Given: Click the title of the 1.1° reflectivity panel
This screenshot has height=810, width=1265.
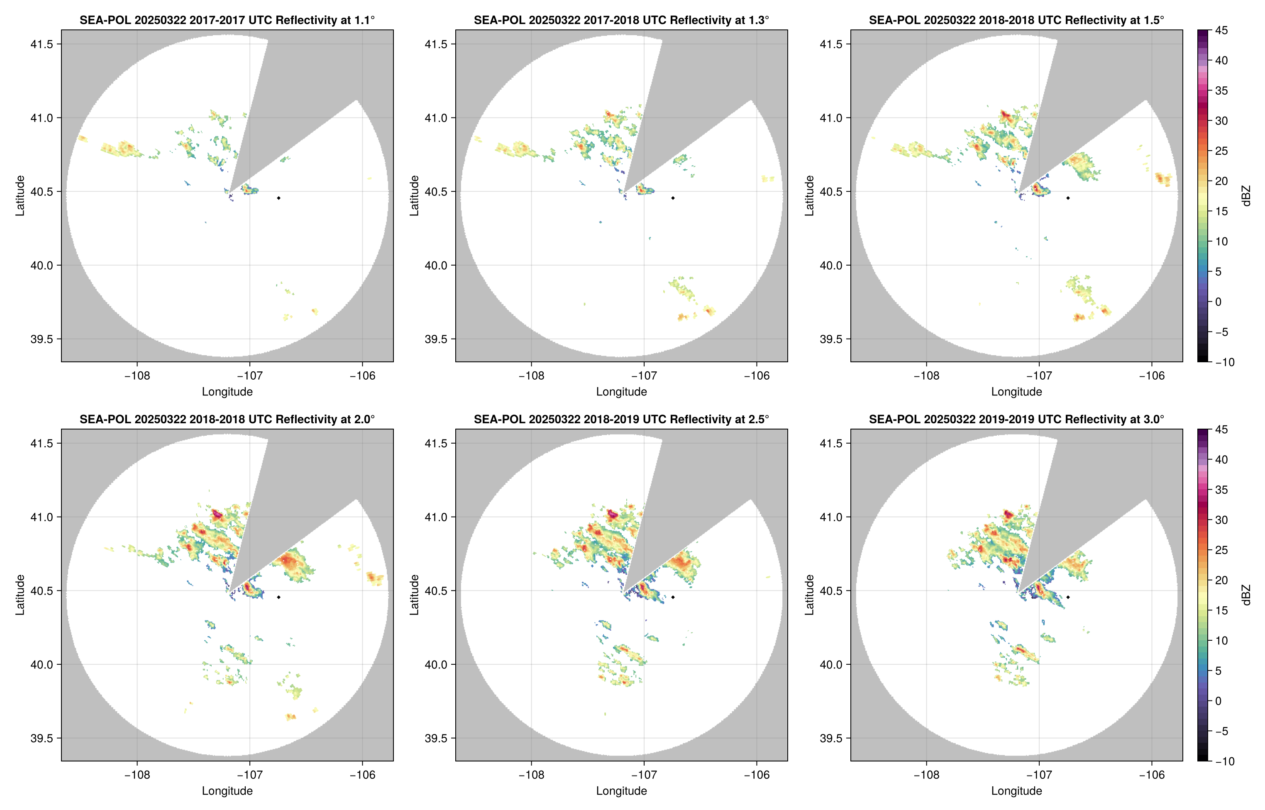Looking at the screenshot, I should (x=227, y=20).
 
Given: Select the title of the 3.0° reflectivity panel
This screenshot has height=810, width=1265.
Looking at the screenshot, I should (x=1016, y=419).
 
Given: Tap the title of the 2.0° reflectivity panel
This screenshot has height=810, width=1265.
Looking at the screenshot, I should (x=227, y=419).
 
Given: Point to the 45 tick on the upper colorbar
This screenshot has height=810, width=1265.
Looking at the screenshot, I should (x=1221, y=31).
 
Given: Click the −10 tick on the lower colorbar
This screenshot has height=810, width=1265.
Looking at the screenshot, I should (x=1224, y=761).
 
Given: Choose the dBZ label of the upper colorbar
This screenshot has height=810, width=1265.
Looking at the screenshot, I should (x=1245, y=196).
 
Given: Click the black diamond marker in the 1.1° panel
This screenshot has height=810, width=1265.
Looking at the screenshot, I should (x=278, y=198).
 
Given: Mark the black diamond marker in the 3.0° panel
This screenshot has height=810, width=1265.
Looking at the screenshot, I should (x=1068, y=597).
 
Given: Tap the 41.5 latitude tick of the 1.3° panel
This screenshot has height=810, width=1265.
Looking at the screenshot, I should (x=436, y=44).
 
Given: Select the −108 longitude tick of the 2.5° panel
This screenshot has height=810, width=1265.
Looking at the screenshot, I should (x=531, y=775).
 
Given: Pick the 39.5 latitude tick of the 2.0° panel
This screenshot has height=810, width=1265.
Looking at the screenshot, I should (x=42, y=738).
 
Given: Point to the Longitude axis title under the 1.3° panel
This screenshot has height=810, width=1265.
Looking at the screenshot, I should (x=621, y=392).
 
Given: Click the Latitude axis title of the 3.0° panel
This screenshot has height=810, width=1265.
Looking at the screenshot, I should (x=809, y=595).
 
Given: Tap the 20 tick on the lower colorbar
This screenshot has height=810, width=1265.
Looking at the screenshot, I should (x=1221, y=580).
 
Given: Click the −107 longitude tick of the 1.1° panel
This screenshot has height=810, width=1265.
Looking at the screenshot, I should (x=249, y=376).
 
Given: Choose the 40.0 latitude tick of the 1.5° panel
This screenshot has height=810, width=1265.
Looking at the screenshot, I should (x=831, y=266).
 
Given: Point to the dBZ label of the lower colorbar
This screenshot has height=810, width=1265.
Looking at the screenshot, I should (x=1245, y=595).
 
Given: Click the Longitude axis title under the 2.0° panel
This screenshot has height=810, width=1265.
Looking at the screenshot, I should (x=227, y=791).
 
